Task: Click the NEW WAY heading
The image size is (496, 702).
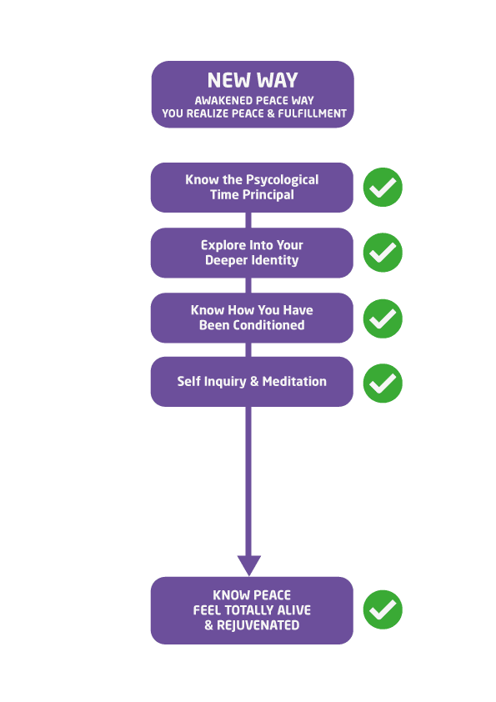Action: coord(253,81)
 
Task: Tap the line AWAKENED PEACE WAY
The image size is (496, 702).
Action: coord(253,100)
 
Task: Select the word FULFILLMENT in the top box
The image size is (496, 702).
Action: coord(312,113)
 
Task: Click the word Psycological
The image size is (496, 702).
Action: coord(282,180)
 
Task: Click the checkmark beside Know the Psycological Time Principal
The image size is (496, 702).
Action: coord(383,187)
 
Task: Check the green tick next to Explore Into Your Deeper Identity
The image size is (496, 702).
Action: coord(383,253)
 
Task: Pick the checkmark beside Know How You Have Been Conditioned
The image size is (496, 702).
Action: coord(383,318)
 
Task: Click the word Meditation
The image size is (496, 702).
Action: coord(294,382)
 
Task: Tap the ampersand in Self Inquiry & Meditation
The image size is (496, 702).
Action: coord(254,382)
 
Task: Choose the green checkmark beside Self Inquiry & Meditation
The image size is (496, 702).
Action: coord(383,384)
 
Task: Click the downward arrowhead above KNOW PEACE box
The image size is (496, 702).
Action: coord(249,565)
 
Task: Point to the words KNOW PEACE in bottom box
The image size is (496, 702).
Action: coord(252,595)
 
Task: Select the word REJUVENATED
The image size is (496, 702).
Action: coord(258,625)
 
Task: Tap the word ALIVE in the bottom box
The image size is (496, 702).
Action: coord(293,610)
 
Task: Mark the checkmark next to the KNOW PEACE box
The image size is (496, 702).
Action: coord(383,609)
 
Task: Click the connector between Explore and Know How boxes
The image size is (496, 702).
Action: coord(248,285)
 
